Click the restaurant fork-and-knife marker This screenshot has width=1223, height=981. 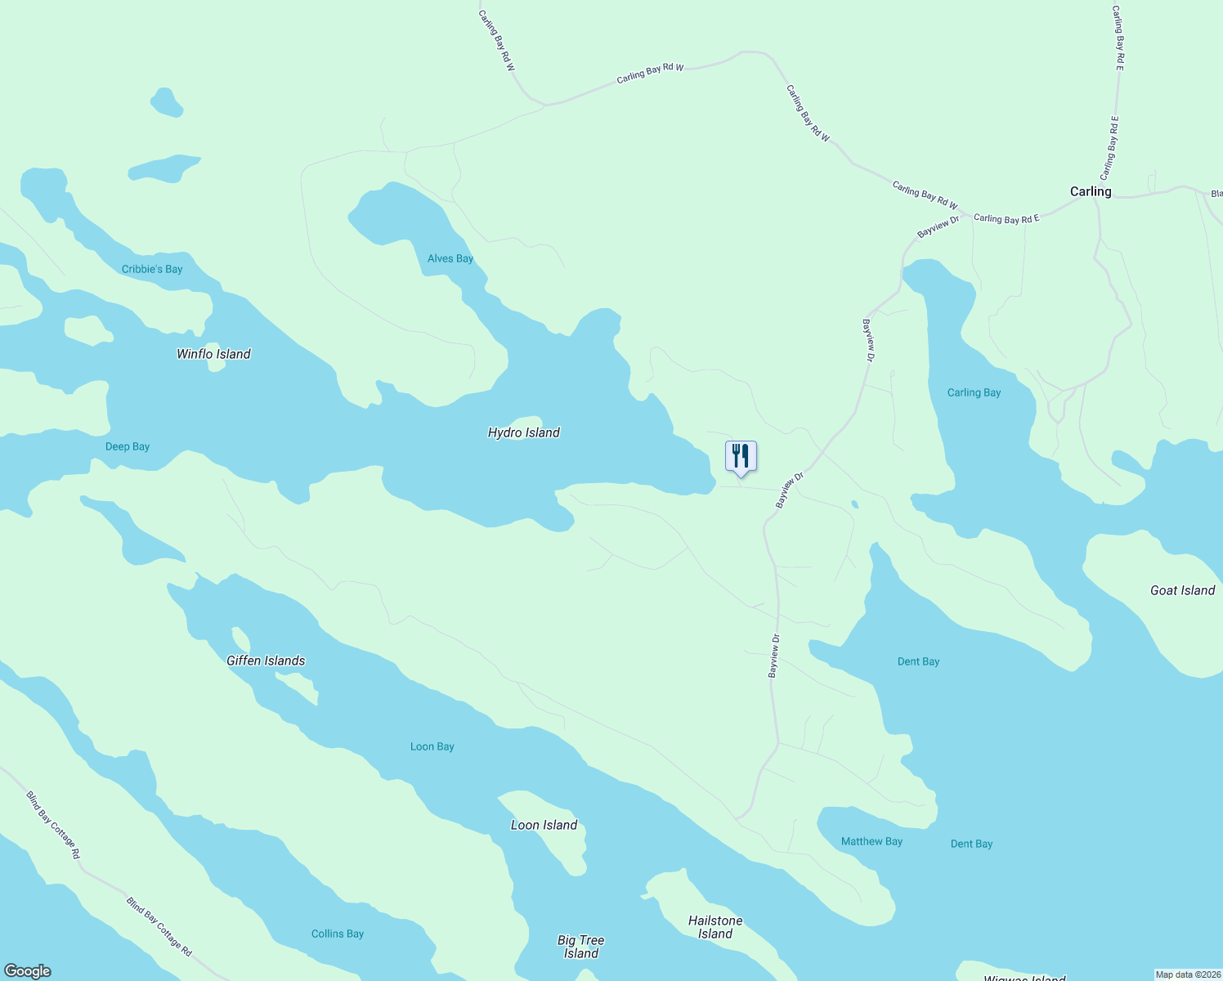[x=741, y=456]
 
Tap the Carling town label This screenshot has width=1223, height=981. [x=1091, y=191]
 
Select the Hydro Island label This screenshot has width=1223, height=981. [x=523, y=432]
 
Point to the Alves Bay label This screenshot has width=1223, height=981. [x=450, y=258]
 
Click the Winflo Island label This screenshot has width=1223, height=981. [x=213, y=354]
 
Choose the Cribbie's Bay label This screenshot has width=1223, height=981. [x=152, y=269]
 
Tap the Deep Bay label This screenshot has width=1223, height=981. [x=128, y=446]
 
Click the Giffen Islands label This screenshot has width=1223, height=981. [x=266, y=661]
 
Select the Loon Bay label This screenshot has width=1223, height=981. [x=432, y=746]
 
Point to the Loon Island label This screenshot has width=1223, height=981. [x=544, y=825]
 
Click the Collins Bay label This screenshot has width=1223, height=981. [x=338, y=934]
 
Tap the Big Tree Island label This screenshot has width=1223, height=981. [x=580, y=947]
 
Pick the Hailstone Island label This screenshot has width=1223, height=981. [x=715, y=927]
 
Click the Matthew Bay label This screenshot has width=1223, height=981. [x=871, y=841]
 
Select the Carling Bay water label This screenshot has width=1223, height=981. [x=974, y=392]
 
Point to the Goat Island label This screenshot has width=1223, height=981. [x=1182, y=590]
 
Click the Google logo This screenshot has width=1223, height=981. [x=28, y=971]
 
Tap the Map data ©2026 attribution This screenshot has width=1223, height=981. [x=1187, y=974]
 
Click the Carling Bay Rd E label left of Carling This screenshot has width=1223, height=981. [x=1006, y=218]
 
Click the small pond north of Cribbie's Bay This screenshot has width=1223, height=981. [x=167, y=102]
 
